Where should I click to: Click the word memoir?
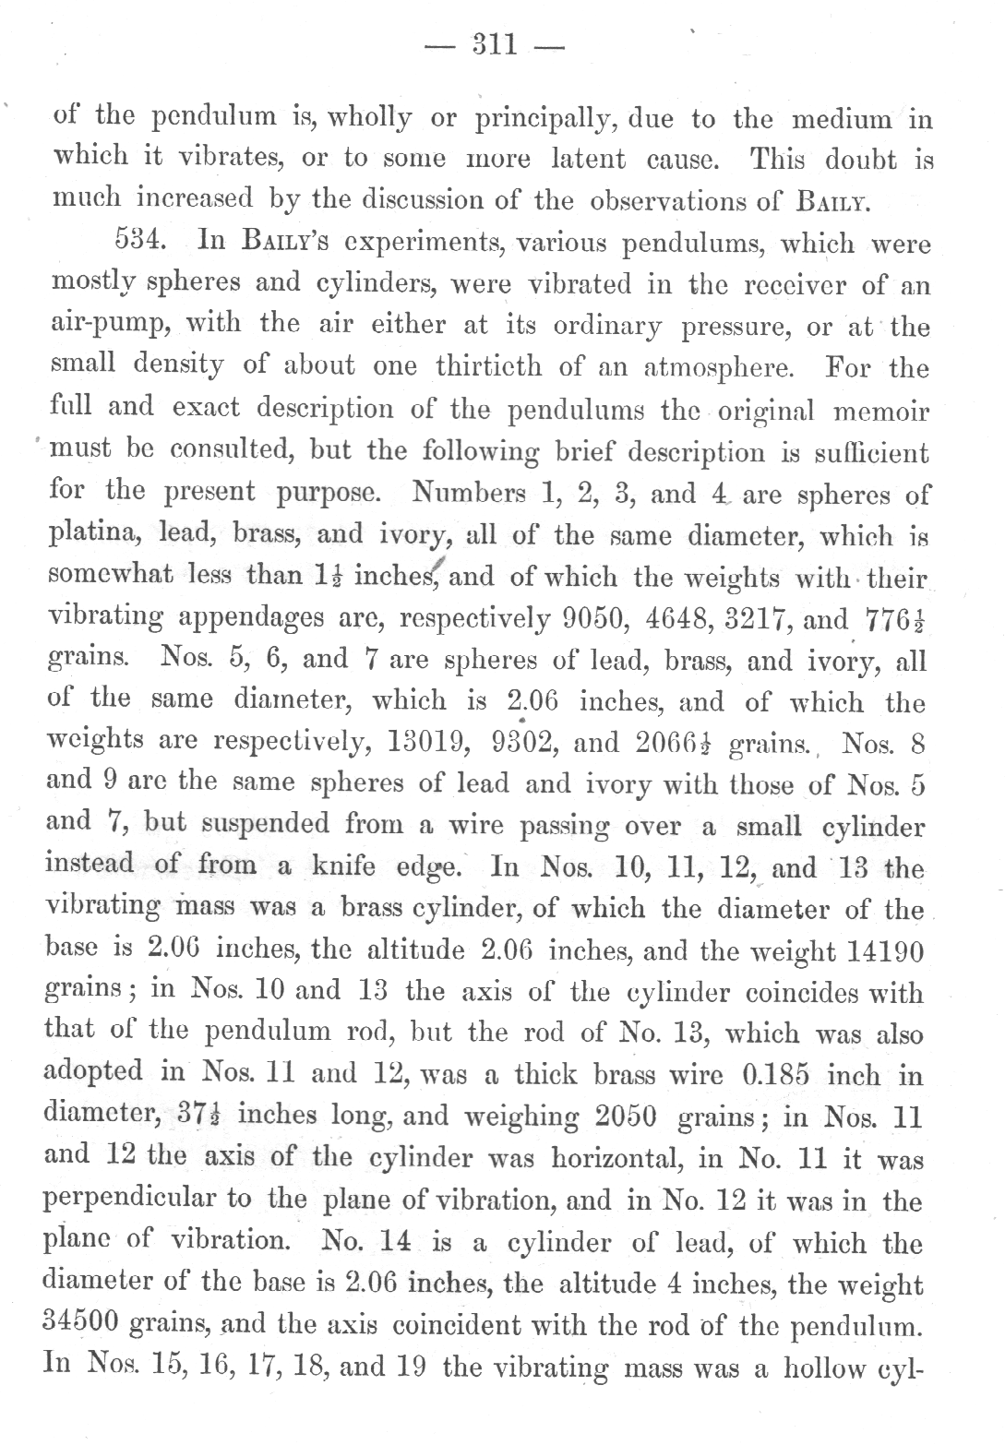point(876,410)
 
